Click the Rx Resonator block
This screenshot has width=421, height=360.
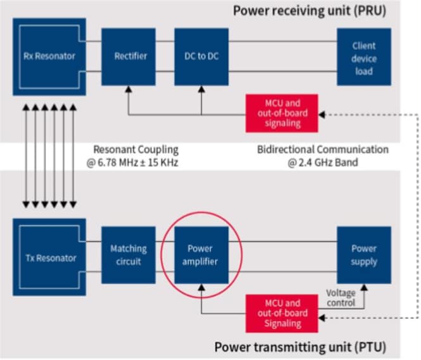(49, 55)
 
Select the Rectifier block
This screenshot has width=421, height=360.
(130, 56)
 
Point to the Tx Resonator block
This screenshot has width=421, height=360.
(49, 258)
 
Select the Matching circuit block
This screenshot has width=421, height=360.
(129, 254)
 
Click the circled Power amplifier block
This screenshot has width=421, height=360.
(201, 254)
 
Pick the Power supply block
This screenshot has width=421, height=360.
(363, 254)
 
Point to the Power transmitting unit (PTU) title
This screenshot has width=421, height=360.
(299, 347)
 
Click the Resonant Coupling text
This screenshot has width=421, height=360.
(135, 150)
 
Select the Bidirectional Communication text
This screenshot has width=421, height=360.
(322, 150)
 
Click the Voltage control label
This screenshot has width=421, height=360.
(340, 299)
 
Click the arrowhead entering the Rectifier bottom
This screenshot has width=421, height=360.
(129, 90)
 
